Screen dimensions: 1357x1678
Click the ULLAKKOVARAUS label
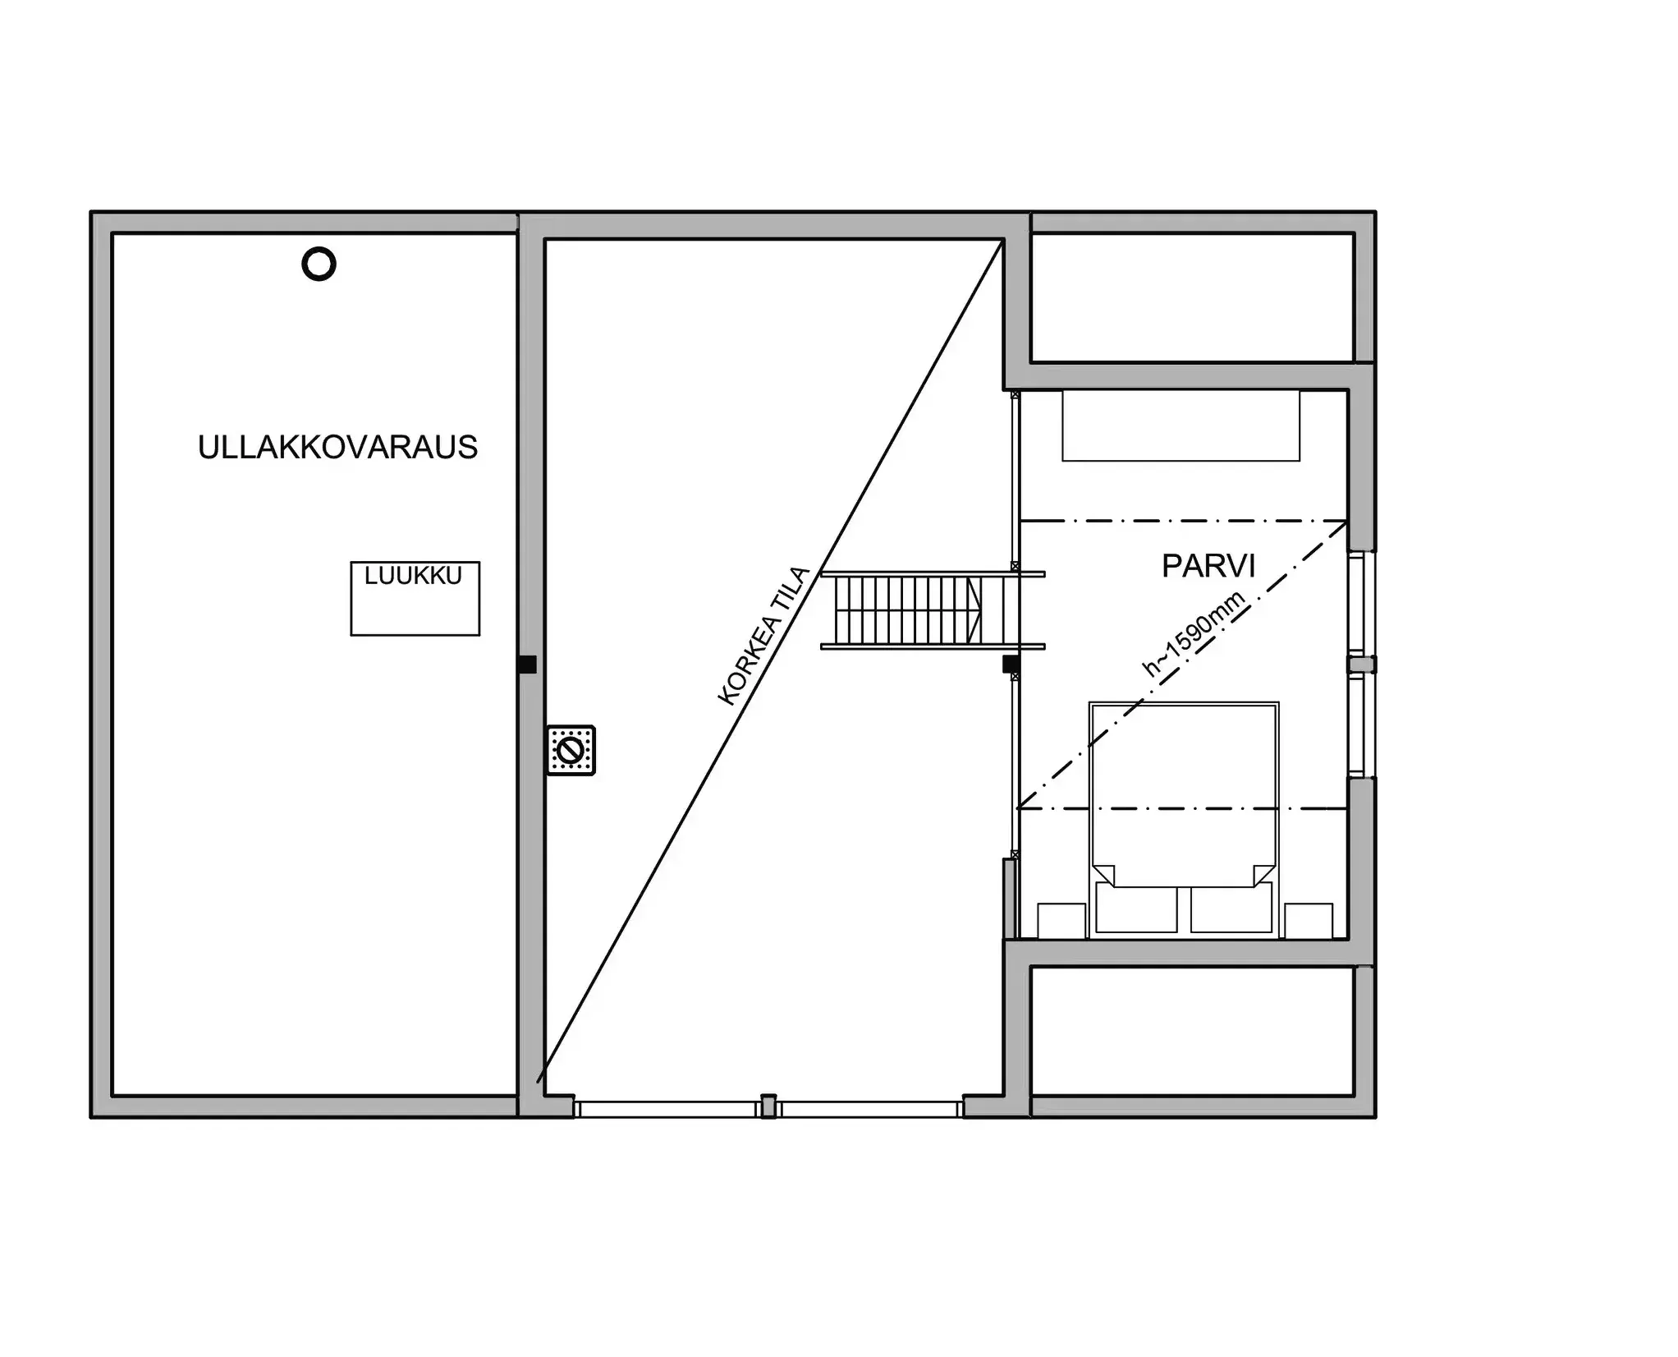(337, 448)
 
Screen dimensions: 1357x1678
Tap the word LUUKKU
(413, 576)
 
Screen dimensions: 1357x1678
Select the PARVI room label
(1208, 566)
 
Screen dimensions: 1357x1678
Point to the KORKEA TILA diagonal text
(763, 637)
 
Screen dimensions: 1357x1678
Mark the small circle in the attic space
(319, 264)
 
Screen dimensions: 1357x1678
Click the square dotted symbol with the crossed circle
(571, 750)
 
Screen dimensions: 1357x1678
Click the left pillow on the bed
(1136, 908)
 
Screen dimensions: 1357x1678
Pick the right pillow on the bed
(1231, 908)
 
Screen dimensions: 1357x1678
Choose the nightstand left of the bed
(1061, 921)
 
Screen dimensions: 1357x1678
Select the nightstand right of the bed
(1308, 921)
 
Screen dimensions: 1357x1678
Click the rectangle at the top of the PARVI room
(1181, 425)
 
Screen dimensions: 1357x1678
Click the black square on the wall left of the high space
(528, 665)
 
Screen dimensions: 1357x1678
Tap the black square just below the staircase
(1011, 664)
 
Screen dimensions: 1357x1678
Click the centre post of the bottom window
(768, 1106)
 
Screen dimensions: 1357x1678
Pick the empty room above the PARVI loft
(1191, 297)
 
